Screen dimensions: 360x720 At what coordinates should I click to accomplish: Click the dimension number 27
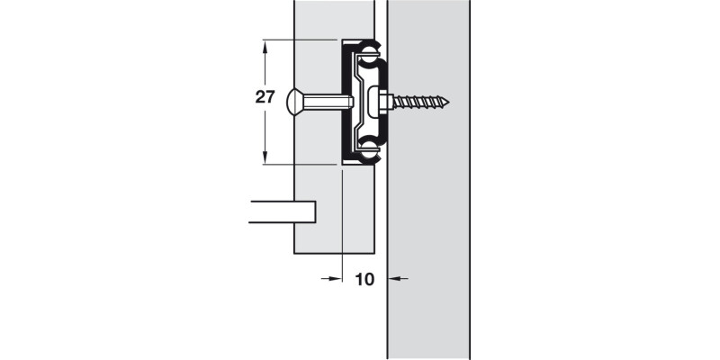click(x=264, y=99)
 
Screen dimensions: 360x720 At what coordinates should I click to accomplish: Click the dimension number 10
click(x=364, y=279)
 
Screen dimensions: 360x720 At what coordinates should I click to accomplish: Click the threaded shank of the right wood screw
click(x=418, y=103)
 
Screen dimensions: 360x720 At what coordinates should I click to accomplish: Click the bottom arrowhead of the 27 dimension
click(x=265, y=159)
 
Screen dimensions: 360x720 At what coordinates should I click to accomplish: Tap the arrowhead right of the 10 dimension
click(x=394, y=279)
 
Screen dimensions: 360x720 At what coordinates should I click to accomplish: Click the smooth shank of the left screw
click(x=326, y=103)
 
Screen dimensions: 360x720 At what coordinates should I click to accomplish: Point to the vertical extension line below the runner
click(x=343, y=225)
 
